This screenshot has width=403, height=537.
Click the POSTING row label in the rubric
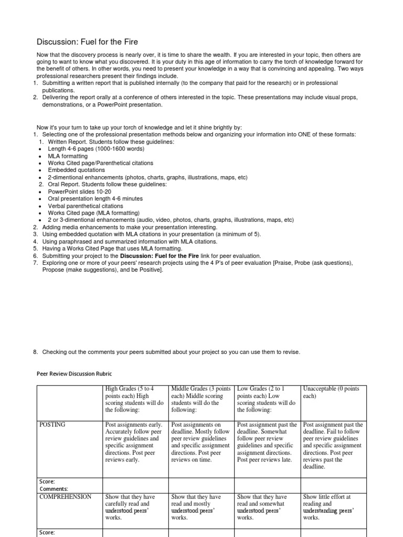click(x=52, y=424)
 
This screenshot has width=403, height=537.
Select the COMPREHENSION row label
click(x=66, y=497)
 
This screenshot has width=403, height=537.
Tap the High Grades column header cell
click(x=135, y=399)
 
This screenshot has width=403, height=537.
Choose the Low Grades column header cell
click(x=267, y=399)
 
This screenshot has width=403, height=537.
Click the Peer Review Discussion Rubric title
click(x=75, y=375)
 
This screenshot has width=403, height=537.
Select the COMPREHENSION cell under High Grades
click(x=135, y=507)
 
